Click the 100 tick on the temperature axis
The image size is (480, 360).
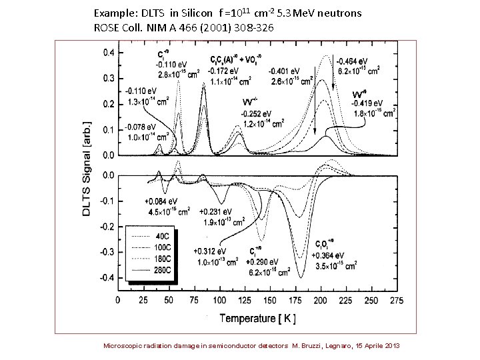click(221, 300)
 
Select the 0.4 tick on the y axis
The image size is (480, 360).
click(106, 53)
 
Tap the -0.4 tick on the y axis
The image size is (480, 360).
click(105, 277)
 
